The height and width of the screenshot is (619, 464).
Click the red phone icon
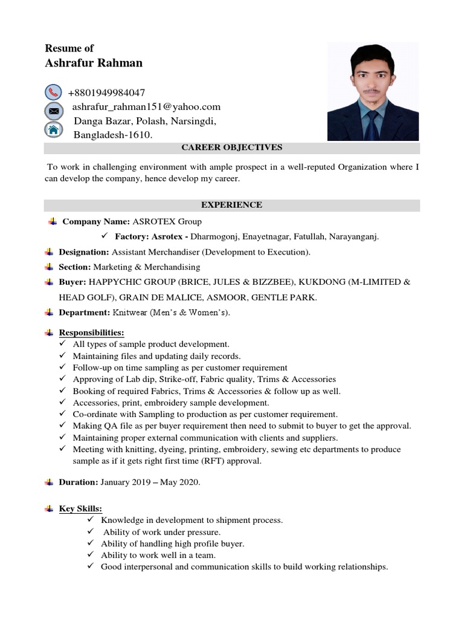(x=53, y=92)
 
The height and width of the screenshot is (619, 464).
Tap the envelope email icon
(x=53, y=111)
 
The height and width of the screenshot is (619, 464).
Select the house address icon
(x=53, y=129)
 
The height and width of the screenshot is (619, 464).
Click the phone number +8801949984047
(x=106, y=93)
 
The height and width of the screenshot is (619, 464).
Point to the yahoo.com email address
(x=146, y=107)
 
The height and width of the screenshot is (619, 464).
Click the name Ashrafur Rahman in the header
(x=94, y=63)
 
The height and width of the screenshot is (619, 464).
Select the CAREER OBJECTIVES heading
(x=232, y=147)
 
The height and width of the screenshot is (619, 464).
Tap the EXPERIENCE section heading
(x=232, y=205)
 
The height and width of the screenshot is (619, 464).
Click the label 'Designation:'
(x=84, y=252)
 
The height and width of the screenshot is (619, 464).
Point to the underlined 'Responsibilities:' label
(x=91, y=332)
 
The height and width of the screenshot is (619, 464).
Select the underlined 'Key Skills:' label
(x=80, y=508)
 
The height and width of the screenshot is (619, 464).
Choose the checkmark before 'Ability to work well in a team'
(x=91, y=555)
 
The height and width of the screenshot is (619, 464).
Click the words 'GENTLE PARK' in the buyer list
(x=289, y=297)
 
